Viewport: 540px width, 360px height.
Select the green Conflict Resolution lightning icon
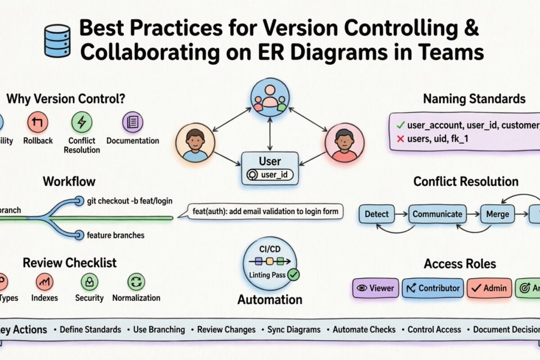pyautogui.click(x=82, y=122)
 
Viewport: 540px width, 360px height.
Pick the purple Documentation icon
pyautogui.click(x=133, y=122)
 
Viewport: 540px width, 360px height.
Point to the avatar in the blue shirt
pyautogui.click(x=195, y=144)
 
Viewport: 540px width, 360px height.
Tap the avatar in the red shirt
pyautogui.click(x=344, y=144)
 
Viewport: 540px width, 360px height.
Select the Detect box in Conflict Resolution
pyautogui.click(x=377, y=214)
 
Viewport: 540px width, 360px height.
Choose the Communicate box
pyautogui.click(x=437, y=214)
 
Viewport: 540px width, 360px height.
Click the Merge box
pyautogui.click(x=497, y=214)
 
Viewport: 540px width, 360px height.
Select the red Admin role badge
pyautogui.click(x=490, y=288)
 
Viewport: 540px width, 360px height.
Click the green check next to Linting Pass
pyautogui.click(x=293, y=274)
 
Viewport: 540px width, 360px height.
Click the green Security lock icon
pyautogui.click(x=89, y=282)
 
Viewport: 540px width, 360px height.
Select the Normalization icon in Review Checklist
pyautogui.click(x=136, y=282)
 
